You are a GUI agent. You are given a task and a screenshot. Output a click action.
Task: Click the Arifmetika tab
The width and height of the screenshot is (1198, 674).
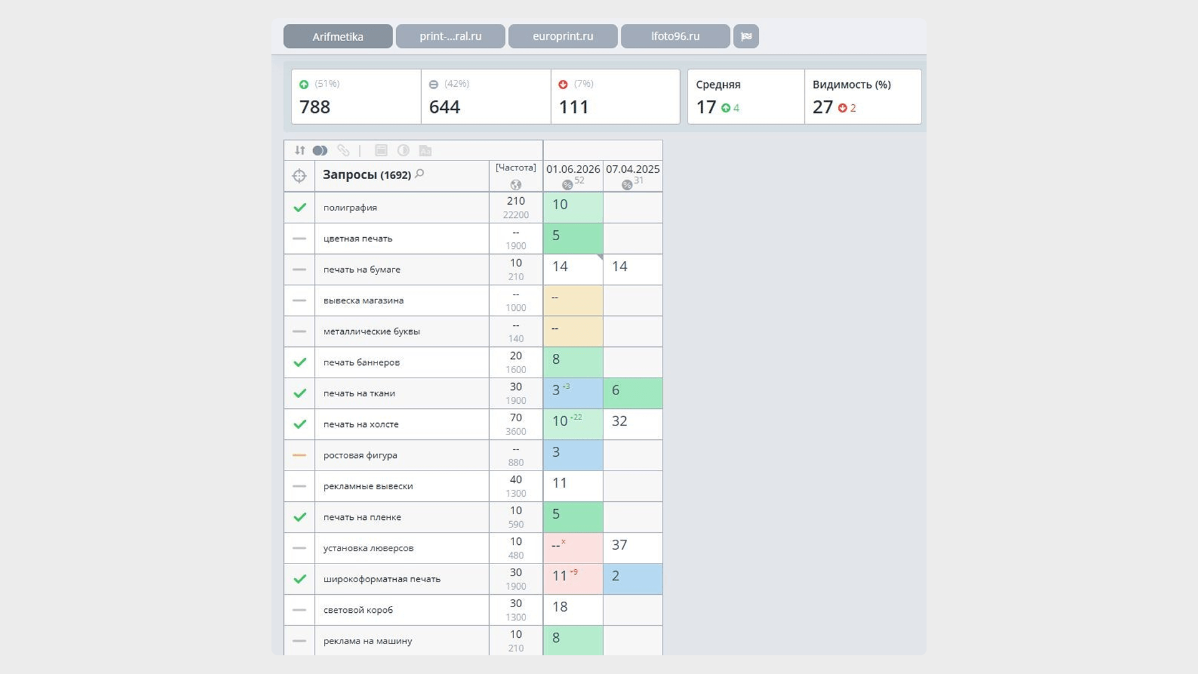338,36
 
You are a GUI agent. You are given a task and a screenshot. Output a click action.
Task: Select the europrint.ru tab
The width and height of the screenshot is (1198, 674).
563,36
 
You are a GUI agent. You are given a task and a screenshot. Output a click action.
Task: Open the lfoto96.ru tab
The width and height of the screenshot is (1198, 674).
675,36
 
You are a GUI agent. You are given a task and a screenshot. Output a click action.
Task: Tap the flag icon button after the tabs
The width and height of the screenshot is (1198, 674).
746,36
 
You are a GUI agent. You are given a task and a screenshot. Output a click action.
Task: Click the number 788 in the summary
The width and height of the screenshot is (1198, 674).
314,107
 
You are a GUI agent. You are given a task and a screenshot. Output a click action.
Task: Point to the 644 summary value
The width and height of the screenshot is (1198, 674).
444,107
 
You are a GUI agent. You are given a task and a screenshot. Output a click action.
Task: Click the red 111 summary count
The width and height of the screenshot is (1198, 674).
573,107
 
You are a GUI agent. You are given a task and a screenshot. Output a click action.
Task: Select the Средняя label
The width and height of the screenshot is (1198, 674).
718,85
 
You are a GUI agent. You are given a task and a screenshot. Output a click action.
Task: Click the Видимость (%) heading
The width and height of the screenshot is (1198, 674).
852,85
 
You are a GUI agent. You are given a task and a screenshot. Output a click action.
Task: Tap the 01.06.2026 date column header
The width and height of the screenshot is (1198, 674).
573,169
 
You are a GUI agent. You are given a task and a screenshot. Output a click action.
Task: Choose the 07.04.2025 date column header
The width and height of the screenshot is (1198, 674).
633,169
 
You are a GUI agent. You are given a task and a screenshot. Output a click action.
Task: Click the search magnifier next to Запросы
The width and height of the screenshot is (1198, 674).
419,173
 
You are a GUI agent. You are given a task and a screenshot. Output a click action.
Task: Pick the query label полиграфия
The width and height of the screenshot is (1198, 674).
350,208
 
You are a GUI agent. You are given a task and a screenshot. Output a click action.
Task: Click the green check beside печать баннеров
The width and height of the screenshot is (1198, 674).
299,362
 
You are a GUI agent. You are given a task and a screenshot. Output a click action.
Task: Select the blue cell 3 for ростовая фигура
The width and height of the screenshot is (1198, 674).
573,455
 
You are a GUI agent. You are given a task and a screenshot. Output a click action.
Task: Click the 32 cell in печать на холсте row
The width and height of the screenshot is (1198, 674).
633,424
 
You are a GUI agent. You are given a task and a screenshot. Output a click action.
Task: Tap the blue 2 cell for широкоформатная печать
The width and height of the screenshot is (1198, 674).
633,579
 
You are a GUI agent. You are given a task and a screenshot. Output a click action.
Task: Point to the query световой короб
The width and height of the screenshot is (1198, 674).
358,610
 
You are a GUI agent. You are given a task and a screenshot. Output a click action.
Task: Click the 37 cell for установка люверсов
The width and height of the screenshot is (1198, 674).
633,547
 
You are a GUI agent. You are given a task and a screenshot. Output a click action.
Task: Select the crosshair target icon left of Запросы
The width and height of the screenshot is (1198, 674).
299,176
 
